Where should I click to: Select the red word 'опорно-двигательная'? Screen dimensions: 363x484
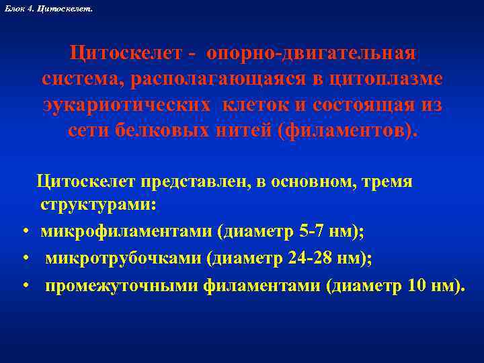(x=312, y=53)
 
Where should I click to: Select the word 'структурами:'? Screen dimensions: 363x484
(x=98, y=204)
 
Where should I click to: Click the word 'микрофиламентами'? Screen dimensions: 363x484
(x=126, y=232)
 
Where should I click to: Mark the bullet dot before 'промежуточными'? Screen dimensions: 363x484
(x=24, y=288)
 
